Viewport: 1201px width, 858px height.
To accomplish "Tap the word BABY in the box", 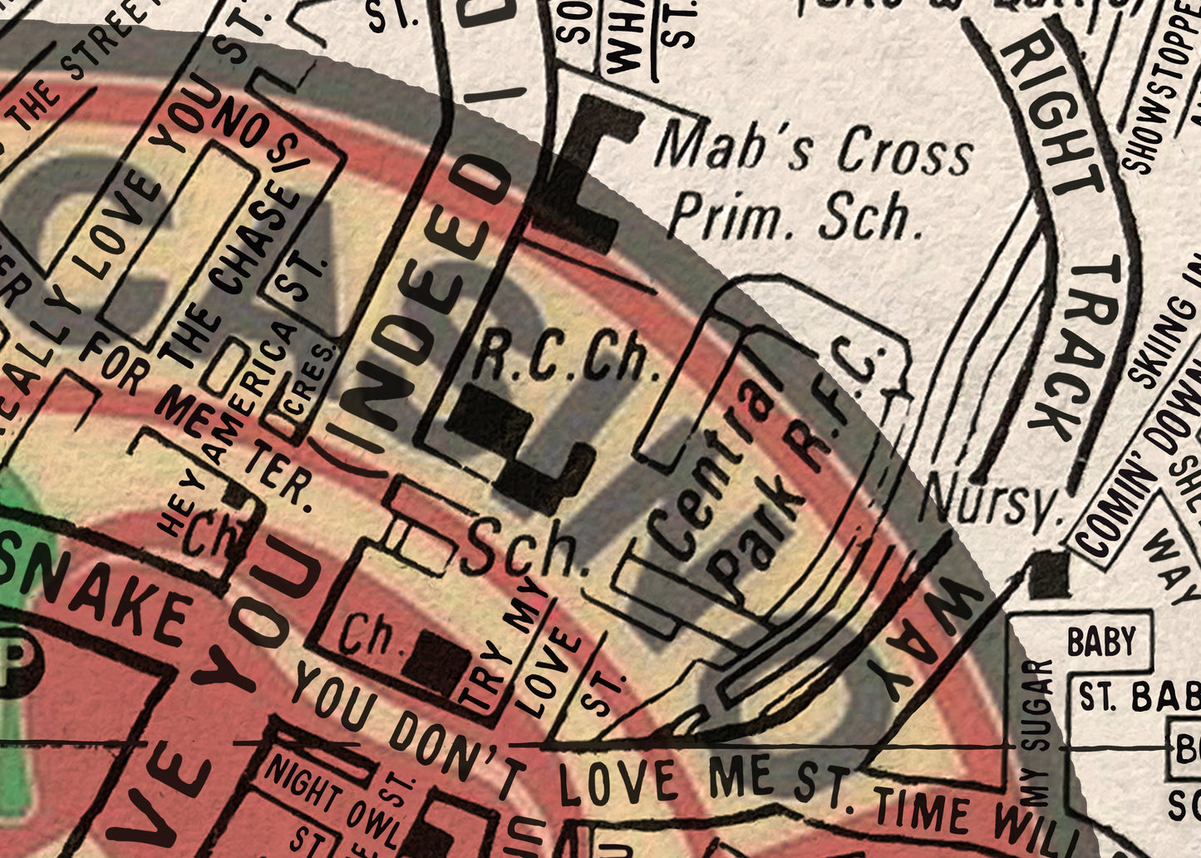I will (x=1101, y=642).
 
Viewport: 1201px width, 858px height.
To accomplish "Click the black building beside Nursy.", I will (x=1049, y=574).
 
